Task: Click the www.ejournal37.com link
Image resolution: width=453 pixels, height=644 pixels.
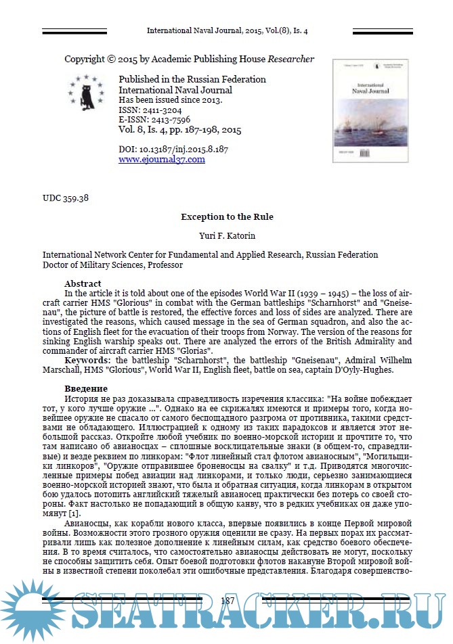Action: (161, 160)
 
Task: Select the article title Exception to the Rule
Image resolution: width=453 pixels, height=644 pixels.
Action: (227, 217)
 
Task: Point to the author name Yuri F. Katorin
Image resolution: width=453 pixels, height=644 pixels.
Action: (227, 237)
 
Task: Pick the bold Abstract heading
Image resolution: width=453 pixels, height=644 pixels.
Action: (83, 283)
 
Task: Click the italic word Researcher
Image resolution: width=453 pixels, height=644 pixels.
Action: (291, 60)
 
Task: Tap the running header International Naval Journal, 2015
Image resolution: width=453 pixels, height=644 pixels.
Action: (227, 31)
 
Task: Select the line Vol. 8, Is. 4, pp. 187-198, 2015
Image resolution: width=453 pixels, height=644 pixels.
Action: (179, 130)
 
